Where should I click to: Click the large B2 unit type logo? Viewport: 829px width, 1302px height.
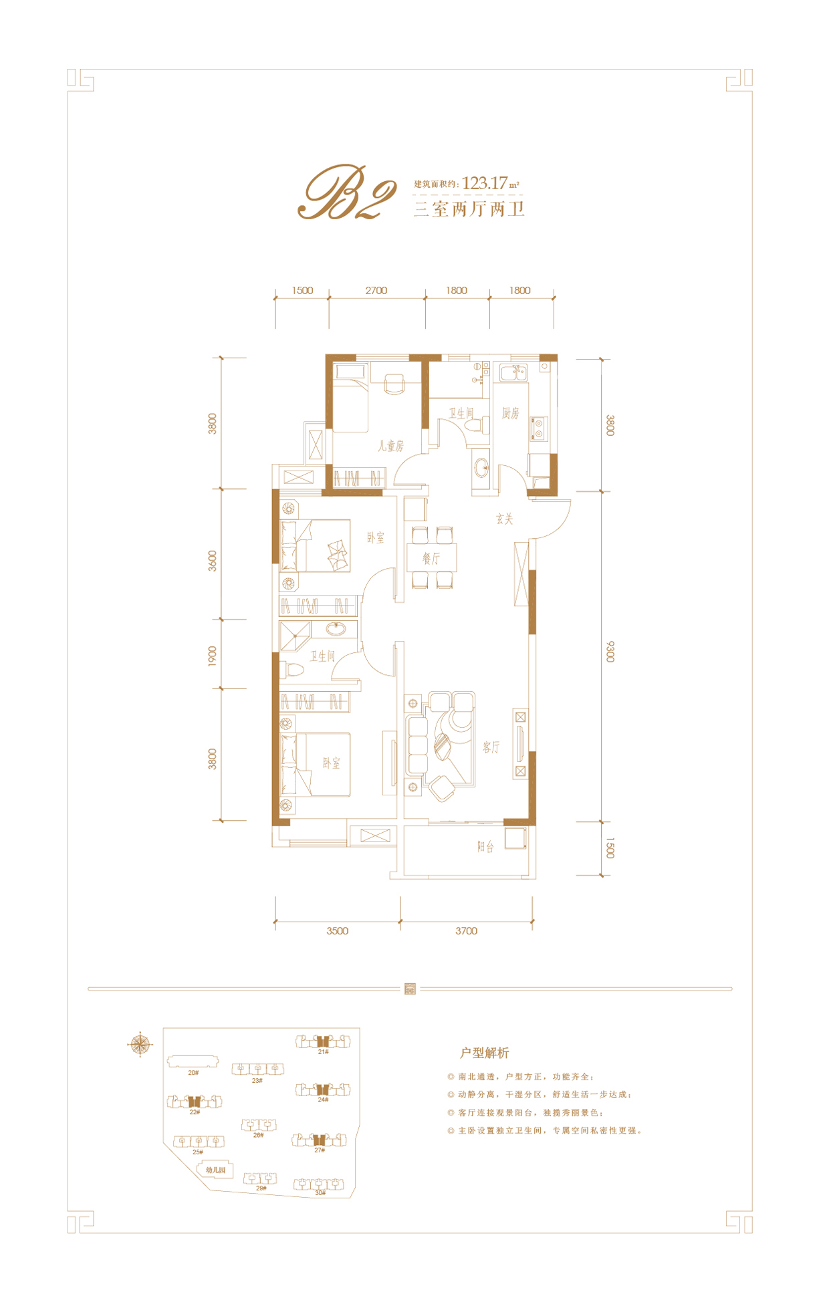[347, 192]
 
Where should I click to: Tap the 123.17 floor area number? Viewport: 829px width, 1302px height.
[484, 182]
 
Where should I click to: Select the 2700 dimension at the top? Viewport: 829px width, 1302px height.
[376, 290]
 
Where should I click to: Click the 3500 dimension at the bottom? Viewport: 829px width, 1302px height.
[338, 930]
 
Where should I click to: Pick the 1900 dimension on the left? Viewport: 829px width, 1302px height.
[213, 656]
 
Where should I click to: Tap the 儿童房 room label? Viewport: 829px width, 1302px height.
[390, 445]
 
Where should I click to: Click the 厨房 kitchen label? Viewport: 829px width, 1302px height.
[510, 413]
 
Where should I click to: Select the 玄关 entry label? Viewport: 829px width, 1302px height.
[505, 519]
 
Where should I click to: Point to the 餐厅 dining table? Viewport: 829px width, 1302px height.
[432, 557]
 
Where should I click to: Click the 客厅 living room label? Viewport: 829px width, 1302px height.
[491, 747]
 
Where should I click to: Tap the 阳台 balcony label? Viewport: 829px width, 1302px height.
[485, 847]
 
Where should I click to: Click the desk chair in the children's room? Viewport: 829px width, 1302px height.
[394, 383]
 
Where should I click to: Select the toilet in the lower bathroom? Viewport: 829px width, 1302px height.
[291, 670]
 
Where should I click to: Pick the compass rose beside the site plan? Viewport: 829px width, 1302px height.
[140, 1044]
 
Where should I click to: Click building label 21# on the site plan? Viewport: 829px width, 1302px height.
[323, 1051]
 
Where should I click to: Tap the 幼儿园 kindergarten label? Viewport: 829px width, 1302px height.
[215, 1170]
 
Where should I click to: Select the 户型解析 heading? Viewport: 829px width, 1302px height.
[485, 1053]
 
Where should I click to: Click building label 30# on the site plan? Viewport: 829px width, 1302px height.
[320, 1193]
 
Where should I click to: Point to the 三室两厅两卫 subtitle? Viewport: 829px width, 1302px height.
[469, 209]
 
